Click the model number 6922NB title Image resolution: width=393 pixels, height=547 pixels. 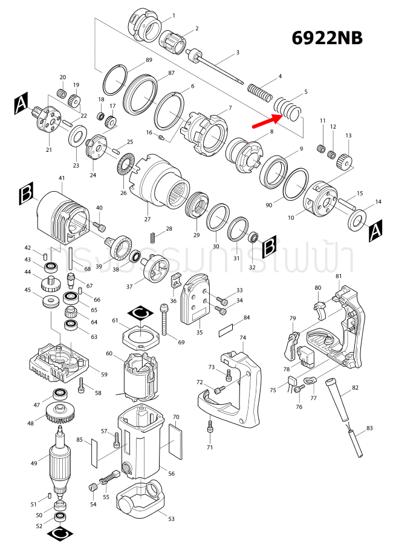pos(327,38)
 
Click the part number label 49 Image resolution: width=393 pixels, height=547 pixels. pos(34,463)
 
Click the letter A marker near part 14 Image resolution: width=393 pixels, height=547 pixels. pos(375,230)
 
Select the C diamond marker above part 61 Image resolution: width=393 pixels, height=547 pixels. pos(141,313)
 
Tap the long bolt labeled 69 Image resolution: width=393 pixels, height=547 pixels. pos(164,321)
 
